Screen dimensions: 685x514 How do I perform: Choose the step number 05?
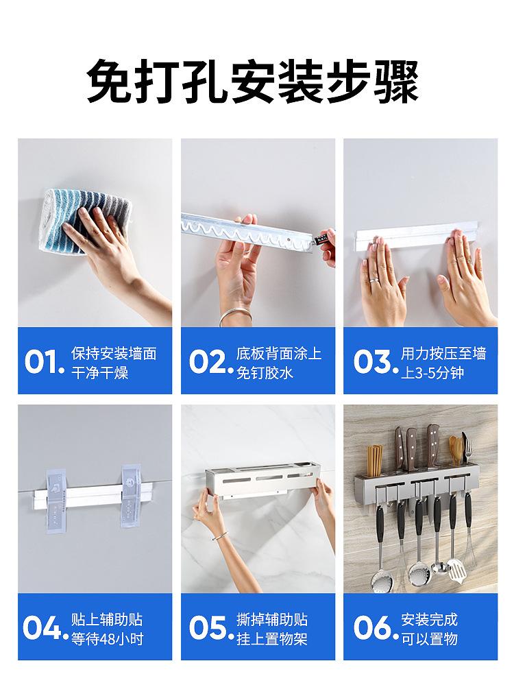tap(208, 628)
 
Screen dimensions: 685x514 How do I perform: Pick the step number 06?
tap(371, 628)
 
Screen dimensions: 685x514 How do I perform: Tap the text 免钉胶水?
tap(265, 374)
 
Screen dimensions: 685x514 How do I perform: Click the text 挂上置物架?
tap(272, 640)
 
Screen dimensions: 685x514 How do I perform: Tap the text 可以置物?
tap(429, 640)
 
